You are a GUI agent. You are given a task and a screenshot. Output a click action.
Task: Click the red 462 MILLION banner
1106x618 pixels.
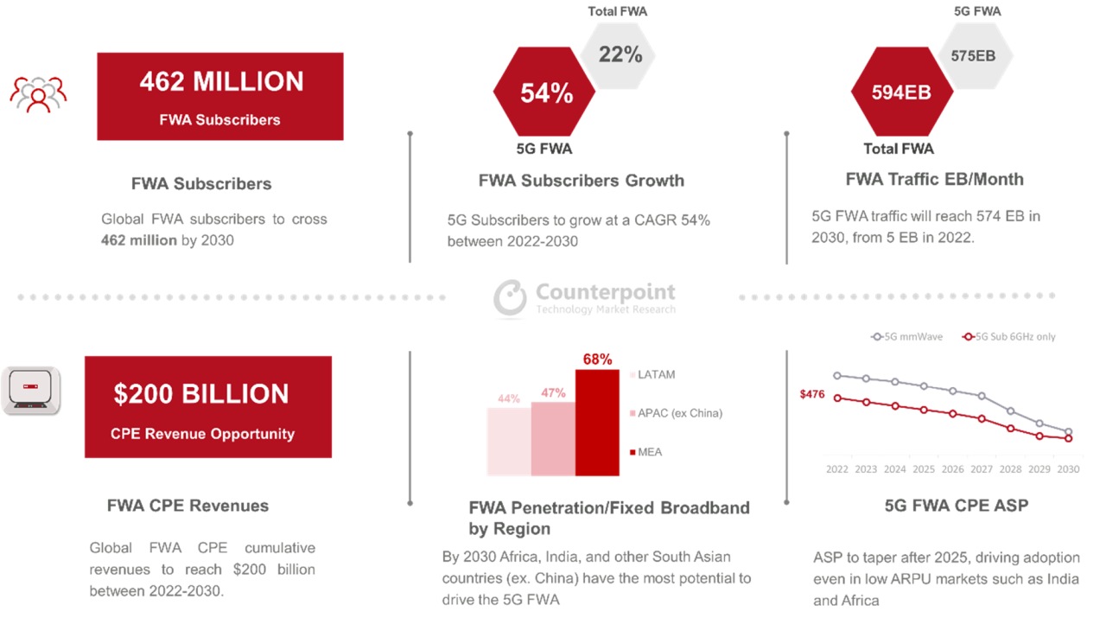(x=220, y=96)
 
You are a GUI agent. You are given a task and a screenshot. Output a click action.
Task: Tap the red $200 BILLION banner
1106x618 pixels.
(x=207, y=407)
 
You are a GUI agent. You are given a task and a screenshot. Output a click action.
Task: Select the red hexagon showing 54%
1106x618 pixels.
(x=545, y=92)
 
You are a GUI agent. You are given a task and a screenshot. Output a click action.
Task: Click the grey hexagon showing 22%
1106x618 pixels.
(x=620, y=54)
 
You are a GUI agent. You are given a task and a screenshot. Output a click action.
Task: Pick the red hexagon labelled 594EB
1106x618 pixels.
(x=901, y=92)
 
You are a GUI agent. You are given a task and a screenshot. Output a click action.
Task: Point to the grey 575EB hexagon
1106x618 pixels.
(x=974, y=55)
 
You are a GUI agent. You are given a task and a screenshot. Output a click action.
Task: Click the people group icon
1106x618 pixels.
(x=38, y=93)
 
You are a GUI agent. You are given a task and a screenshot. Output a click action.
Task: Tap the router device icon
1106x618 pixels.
(x=31, y=391)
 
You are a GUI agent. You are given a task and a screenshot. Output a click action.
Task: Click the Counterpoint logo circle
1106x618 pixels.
(x=511, y=297)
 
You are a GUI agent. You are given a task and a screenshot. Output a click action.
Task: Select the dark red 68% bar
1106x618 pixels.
(x=597, y=423)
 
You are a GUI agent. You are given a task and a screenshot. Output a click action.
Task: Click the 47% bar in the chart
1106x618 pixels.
(x=553, y=438)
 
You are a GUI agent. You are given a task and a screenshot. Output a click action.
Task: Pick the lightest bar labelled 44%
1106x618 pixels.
(x=509, y=441)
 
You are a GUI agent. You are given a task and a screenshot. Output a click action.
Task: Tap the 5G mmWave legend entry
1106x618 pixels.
(x=907, y=336)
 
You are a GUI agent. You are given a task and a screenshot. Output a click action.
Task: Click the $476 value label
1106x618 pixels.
(x=812, y=394)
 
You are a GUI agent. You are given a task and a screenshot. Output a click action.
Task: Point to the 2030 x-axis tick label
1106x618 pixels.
(x=1069, y=469)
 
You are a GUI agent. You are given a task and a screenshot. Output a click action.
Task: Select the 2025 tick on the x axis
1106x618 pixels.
(x=924, y=469)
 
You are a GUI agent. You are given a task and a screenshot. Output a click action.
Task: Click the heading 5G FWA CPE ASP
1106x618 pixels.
(x=957, y=506)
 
